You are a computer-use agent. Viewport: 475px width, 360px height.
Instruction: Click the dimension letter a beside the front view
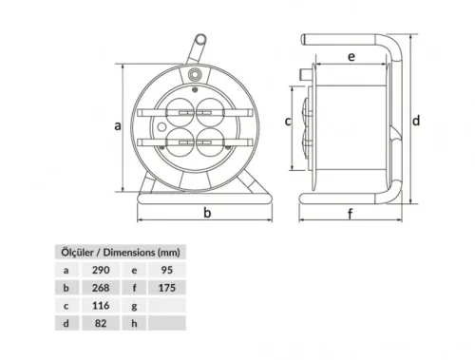[x=117, y=124]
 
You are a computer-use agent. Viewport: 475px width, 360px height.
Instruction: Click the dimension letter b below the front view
[x=207, y=214]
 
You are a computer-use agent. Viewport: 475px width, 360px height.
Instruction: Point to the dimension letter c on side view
[x=289, y=121]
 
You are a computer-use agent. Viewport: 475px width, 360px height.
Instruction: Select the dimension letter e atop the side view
[x=351, y=58]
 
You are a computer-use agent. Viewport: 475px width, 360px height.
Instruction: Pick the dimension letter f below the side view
[x=350, y=214]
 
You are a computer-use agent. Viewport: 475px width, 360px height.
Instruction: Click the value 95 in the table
[x=168, y=271]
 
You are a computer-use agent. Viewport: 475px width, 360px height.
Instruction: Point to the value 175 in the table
[x=170, y=288]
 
